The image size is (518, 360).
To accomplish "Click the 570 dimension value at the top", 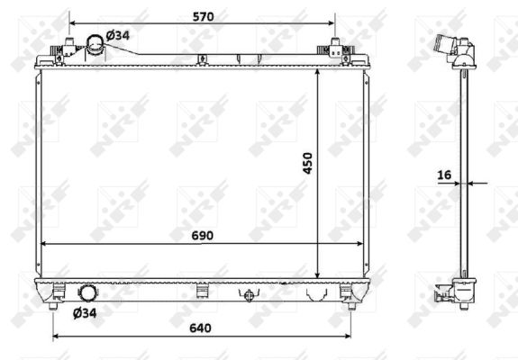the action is coord(204,16).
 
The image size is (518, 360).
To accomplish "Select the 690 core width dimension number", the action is coord(202,236).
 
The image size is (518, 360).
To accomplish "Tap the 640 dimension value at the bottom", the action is coord(200,328).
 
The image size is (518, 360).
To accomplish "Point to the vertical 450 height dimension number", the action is coord(307,163).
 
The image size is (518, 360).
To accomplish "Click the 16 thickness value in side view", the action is coord(444,175).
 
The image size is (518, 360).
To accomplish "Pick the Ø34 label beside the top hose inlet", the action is coord(118,35).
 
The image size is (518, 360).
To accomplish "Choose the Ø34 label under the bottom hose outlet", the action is coord(85,313).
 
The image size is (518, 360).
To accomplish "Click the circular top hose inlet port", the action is coord(95,44).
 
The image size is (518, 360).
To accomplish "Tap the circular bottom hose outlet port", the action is coord(87,293).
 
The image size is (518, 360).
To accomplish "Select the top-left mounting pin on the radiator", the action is coord(69,42).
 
